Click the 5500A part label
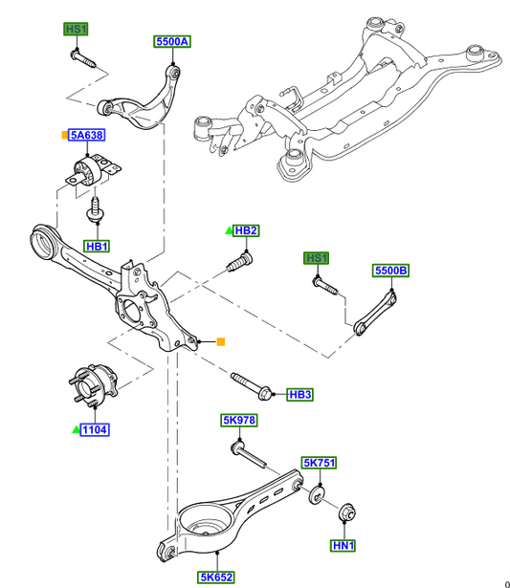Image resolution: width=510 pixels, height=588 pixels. tap(172, 41)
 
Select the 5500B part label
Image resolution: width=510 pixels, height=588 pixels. tap(390, 271)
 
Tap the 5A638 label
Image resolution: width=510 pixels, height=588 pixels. tap(87, 135)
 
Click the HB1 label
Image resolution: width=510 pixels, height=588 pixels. tap(97, 247)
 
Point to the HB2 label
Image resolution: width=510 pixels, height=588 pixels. tap(246, 230)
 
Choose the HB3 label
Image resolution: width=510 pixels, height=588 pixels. tap(300, 395)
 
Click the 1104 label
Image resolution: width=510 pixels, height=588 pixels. tap(95, 429)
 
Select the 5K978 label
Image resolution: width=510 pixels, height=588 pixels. tap(239, 421)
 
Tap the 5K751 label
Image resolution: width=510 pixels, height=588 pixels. tap(319, 463)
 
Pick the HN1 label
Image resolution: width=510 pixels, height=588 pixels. tap(344, 545)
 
